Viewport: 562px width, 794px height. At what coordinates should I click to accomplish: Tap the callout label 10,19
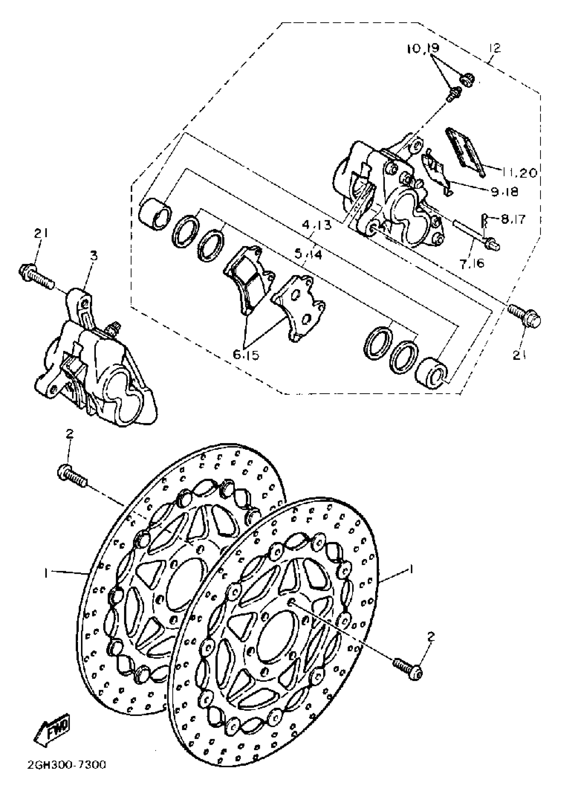423,49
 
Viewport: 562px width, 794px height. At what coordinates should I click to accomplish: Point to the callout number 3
94,256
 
